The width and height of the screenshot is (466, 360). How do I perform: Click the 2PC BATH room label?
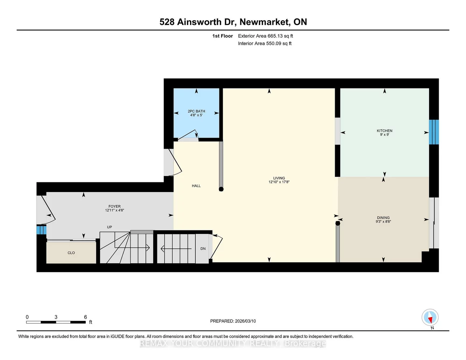(x=196, y=111)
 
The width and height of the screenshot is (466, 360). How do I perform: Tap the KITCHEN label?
(x=385, y=131)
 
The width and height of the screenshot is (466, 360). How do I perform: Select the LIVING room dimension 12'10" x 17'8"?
(x=279, y=182)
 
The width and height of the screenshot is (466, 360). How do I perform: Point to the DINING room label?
(x=383, y=218)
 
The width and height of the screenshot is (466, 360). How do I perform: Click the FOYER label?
(x=115, y=206)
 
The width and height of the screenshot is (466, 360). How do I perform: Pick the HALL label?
(x=196, y=186)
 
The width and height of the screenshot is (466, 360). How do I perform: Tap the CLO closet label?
(x=71, y=253)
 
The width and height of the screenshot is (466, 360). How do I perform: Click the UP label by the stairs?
(x=109, y=227)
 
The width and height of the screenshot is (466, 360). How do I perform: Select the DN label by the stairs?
(x=203, y=249)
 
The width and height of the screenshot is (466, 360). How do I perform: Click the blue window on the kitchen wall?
(x=434, y=132)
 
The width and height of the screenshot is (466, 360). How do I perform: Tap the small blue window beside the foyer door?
(x=41, y=230)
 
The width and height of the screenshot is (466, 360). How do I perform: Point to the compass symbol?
(x=430, y=317)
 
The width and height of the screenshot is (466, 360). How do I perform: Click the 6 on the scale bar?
(x=85, y=317)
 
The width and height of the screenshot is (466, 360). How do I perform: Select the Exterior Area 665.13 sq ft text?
(x=266, y=36)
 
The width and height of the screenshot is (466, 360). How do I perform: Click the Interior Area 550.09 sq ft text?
(x=265, y=43)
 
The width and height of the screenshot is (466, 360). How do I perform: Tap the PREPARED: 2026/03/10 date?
(x=233, y=321)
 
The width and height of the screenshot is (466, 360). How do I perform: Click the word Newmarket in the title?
(x=265, y=22)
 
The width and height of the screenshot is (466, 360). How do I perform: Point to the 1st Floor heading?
(x=223, y=36)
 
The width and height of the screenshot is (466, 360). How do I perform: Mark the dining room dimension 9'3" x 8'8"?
(x=383, y=222)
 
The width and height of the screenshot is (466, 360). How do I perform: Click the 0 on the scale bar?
(x=27, y=317)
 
